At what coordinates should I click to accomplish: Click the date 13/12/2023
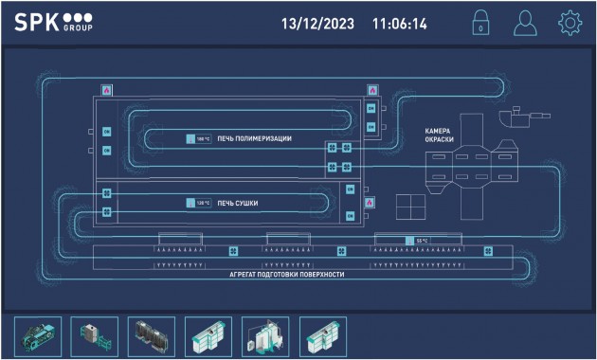point(317,24)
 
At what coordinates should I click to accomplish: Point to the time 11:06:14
point(399,24)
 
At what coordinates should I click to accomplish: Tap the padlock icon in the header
point(480,24)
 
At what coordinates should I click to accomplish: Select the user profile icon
point(524,24)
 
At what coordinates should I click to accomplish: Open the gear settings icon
point(569,24)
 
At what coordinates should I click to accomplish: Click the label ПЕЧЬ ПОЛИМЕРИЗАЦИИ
point(254,138)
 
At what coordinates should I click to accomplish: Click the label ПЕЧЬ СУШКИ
point(238,203)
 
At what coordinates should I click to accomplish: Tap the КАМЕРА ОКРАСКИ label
point(439,135)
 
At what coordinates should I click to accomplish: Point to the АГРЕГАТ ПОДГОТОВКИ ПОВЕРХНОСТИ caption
point(286,274)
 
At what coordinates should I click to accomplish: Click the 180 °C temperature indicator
point(199,138)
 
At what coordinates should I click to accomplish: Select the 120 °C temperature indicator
point(199,203)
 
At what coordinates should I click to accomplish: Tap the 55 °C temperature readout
point(418,241)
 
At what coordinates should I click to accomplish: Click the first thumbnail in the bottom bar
point(38,335)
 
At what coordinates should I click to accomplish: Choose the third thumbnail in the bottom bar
point(152,335)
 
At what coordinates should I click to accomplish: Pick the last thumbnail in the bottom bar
point(322,335)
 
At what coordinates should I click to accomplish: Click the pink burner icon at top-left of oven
point(106,89)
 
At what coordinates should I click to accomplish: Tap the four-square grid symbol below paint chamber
point(410,207)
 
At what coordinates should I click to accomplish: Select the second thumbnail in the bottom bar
point(95,335)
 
